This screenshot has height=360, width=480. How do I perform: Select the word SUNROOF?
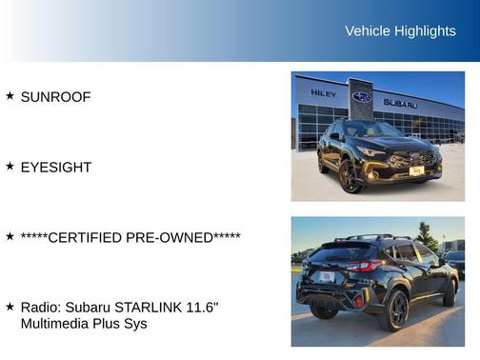click(x=55, y=97)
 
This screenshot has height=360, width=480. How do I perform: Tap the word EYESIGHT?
click(x=55, y=168)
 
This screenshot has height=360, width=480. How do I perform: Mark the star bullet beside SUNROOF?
click(x=10, y=96)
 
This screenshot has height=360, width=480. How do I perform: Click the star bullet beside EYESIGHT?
click(x=10, y=167)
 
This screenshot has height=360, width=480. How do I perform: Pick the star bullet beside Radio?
click(x=10, y=307)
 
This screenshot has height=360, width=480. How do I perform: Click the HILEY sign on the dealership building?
click(x=322, y=93)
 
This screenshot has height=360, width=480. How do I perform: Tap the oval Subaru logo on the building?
click(x=362, y=97)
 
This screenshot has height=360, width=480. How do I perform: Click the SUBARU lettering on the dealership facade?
click(x=400, y=103)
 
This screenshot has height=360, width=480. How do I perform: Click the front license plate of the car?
click(x=416, y=170)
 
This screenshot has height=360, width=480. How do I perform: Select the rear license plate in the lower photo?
click(x=327, y=277)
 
